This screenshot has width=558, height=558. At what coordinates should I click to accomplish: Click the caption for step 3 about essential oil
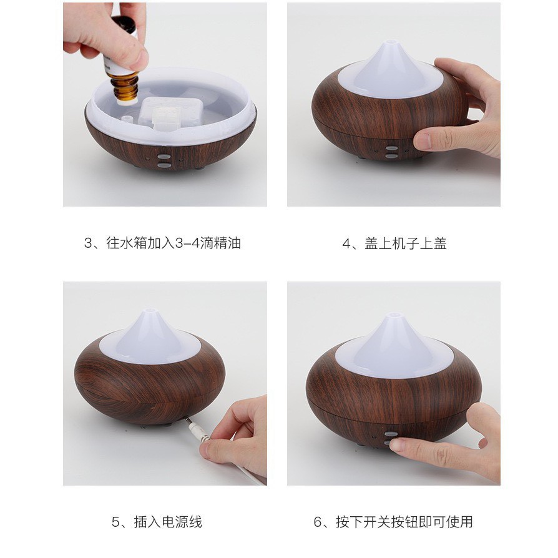click(162, 243)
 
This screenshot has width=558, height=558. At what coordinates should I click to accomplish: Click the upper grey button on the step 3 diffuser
click(163, 157)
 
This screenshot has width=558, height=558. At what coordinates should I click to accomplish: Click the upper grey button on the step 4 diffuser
click(391, 149)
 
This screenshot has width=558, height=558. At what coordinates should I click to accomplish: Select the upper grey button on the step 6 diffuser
click(390, 434)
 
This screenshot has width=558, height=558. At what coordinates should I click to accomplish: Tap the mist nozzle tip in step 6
click(393, 316)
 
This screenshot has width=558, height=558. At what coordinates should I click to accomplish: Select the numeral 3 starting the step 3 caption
click(87, 243)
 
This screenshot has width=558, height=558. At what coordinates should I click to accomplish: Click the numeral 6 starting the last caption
click(318, 522)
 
